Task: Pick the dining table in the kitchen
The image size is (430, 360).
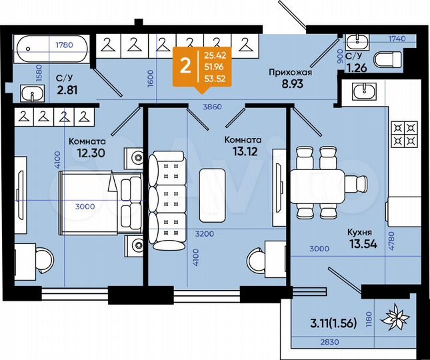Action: [317, 181]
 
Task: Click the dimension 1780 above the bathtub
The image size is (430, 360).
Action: [64, 45]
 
